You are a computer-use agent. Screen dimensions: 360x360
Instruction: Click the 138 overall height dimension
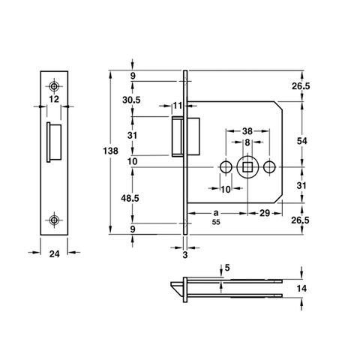[110, 151]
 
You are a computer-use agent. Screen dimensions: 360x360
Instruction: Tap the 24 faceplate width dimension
[55, 254]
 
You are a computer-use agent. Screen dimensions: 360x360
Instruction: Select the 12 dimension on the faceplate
[54, 99]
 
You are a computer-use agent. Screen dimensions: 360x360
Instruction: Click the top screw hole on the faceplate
[54, 86]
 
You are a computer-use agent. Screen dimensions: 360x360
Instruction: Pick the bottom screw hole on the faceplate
[54, 220]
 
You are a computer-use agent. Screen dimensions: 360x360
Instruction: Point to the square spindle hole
[247, 167]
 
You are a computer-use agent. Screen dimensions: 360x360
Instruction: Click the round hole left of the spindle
[226, 167]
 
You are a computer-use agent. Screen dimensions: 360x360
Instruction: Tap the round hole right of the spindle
[269, 167]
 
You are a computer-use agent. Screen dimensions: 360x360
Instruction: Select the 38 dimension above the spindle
[247, 130]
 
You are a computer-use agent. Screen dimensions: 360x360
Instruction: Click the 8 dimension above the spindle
[247, 142]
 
